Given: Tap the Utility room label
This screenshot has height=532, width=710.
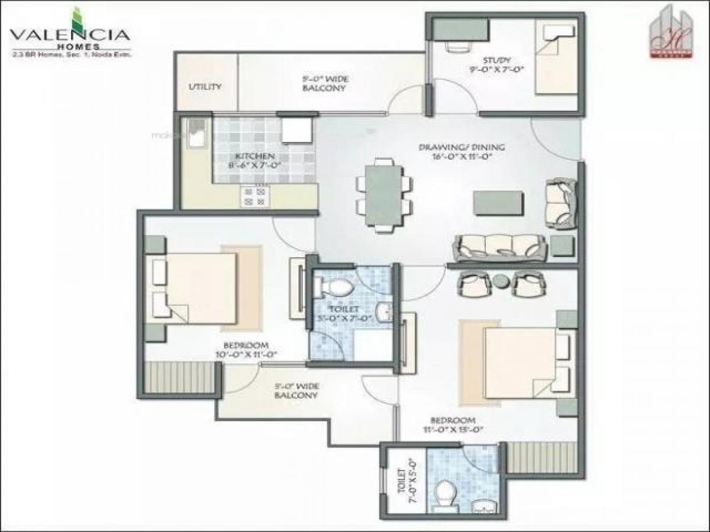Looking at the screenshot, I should (205, 86).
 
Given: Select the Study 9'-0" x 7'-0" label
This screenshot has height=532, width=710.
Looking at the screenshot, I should (496, 64).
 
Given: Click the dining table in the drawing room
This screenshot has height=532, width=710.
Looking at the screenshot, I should (383, 196).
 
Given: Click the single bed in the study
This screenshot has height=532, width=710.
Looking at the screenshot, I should (556, 58).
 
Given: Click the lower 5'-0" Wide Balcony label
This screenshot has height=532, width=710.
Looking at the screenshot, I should (296, 391).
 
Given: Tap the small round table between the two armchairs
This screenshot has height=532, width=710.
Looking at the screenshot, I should (501, 281).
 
